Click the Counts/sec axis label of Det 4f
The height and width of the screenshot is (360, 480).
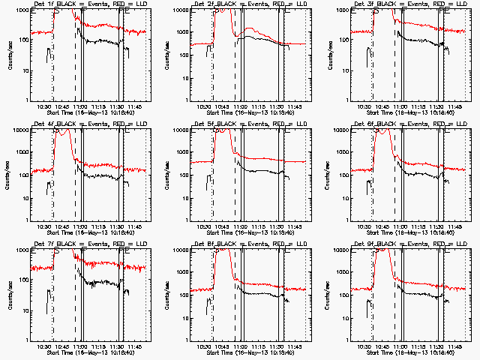pyautogui.click(x=10, y=175)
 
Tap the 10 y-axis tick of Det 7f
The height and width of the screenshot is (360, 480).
pyautogui.click(x=26, y=310)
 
